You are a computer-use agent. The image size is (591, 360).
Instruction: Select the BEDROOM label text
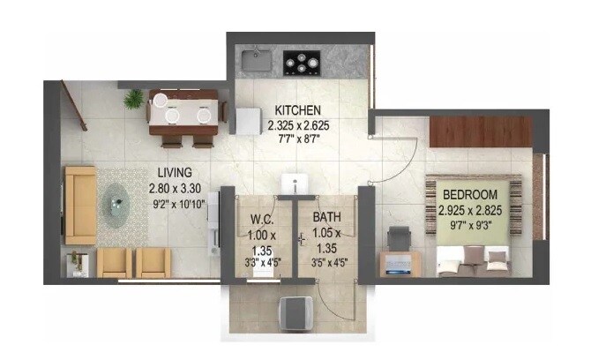pyautogui.click(x=469, y=194)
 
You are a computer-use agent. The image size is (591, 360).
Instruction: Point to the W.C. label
pyautogui.click(x=258, y=219)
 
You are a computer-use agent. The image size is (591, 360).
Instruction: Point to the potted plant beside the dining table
pyautogui.click(x=134, y=97)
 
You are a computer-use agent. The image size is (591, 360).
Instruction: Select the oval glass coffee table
pyautogui.click(x=118, y=206)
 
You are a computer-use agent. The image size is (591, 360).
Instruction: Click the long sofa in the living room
pyautogui.click(x=80, y=205)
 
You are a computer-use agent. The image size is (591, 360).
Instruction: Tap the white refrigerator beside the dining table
pyautogui.click(x=243, y=116)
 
